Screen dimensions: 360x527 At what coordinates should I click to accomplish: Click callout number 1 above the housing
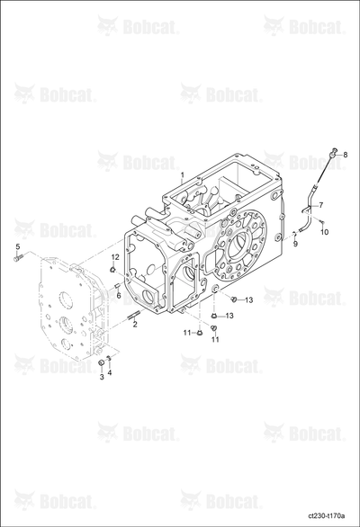[x=182, y=174]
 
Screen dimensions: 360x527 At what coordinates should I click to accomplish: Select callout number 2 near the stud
[x=135, y=325]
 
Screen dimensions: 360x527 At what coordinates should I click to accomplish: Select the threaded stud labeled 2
[x=134, y=317]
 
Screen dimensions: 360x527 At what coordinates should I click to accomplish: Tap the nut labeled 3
[x=100, y=363]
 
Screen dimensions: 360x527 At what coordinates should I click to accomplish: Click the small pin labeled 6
[x=118, y=286]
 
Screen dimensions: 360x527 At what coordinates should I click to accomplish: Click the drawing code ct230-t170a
[x=327, y=515]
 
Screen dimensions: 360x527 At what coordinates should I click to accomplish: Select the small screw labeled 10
[x=321, y=222]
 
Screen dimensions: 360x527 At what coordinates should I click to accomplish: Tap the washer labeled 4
[x=108, y=358]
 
